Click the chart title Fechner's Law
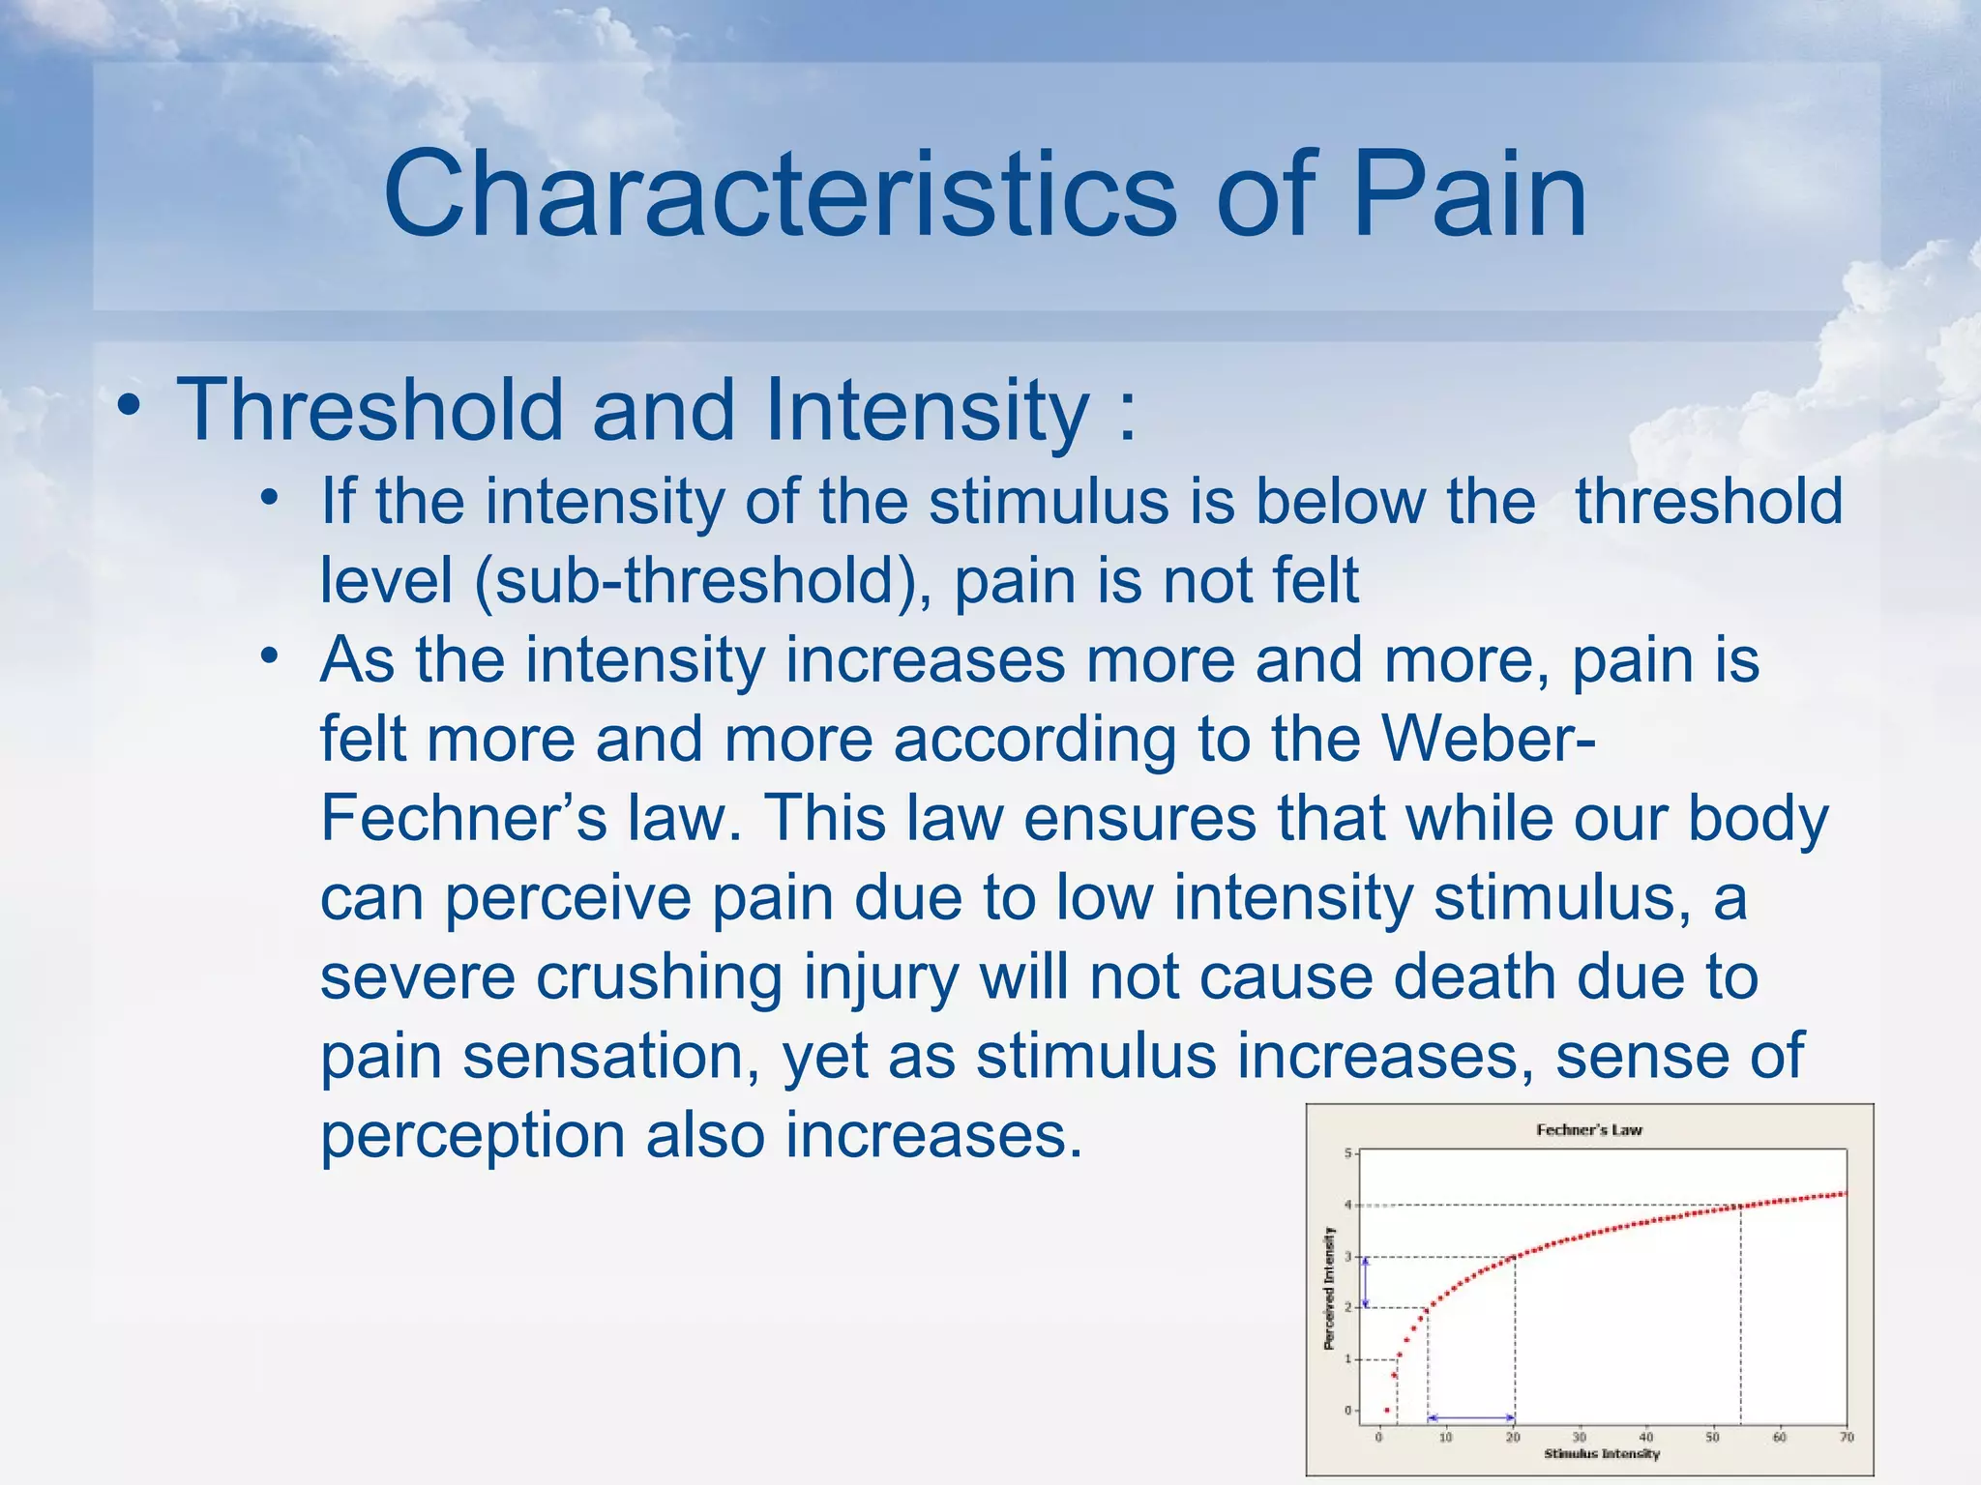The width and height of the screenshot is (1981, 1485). (x=1588, y=1129)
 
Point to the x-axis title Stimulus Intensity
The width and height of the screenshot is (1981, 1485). (x=1601, y=1453)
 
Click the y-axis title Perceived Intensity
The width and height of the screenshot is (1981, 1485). (x=1329, y=1288)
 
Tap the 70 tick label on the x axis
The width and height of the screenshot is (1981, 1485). (x=1846, y=1438)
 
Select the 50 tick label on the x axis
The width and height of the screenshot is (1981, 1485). (x=1712, y=1438)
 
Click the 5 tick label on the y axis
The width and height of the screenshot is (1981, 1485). (x=1348, y=1153)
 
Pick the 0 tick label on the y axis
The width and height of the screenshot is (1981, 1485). (x=1348, y=1411)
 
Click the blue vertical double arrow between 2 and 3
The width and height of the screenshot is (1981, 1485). (x=1365, y=1282)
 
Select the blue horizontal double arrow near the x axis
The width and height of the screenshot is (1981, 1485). (x=1470, y=1418)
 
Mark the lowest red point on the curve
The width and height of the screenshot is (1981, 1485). (x=1386, y=1411)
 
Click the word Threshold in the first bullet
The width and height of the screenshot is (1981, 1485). (x=370, y=410)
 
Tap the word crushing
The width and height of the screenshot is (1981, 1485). (x=659, y=976)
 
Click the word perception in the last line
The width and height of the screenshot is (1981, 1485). (x=472, y=1135)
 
